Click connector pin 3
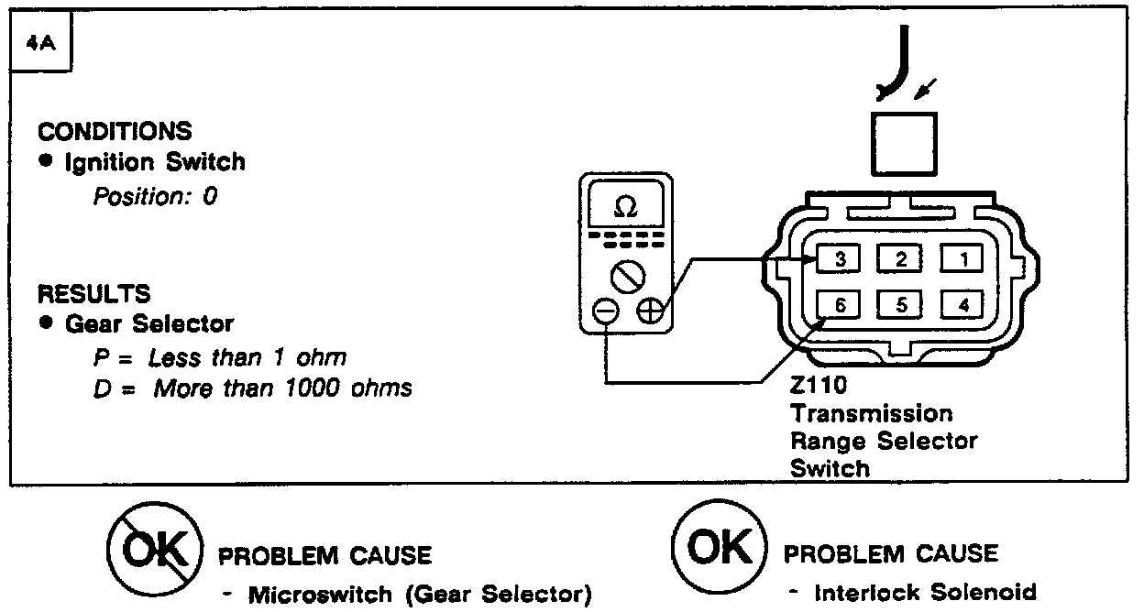(x=841, y=259)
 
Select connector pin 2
(x=901, y=259)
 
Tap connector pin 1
(x=962, y=259)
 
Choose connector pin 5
(x=901, y=305)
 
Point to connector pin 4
(x=962, y=305)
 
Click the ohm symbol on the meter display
(x=626, y=209)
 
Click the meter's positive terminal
(x=651, y=311)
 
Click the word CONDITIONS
(x=115, y=131)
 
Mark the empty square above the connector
(x=903, y=144)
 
